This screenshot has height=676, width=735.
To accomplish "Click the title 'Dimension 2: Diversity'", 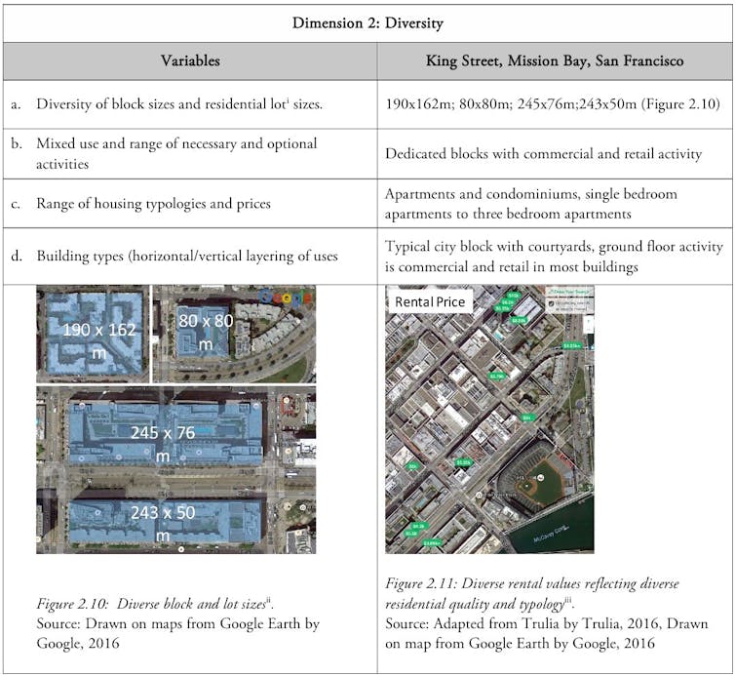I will pyautogui.click(x=367, y=22).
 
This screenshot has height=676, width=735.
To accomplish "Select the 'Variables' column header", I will pyautogui.click(x=190, y=60).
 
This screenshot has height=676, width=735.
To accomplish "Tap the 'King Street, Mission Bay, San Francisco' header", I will pyautogui.click(x=554, y=60).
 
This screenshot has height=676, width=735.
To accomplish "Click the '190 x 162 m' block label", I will pyautogui.click(x=97, y=338).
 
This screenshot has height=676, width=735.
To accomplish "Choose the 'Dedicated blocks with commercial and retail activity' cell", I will pyautogui.click(x=543, y=153).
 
